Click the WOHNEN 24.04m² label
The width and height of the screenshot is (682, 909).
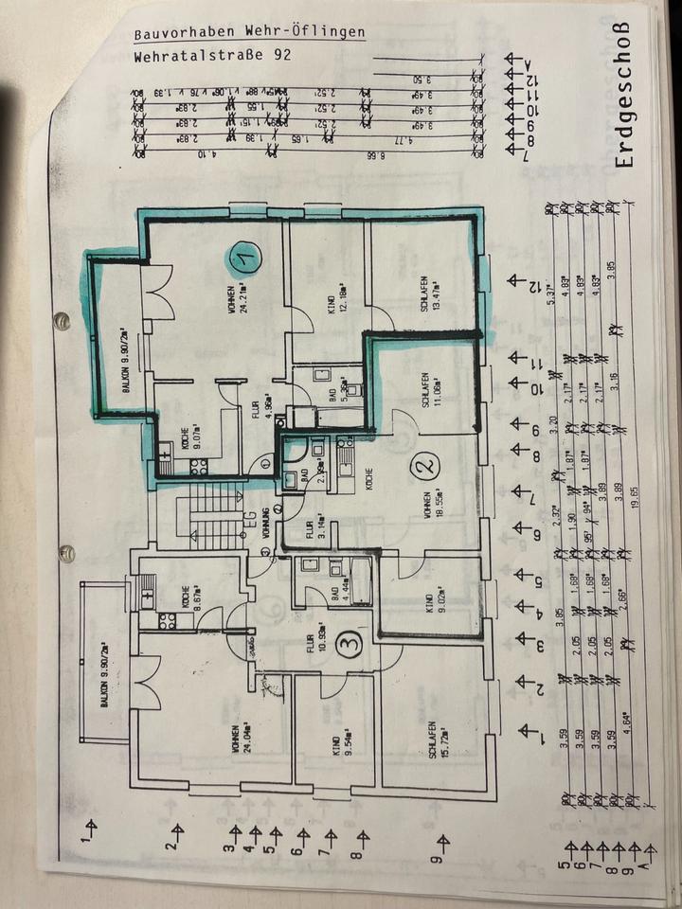tap(239, 734)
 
